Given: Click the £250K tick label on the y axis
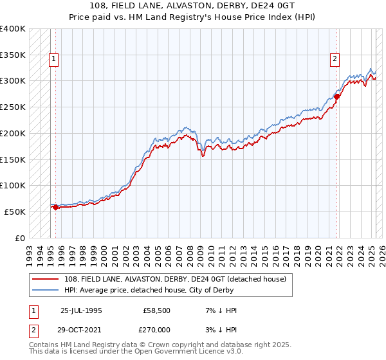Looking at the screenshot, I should pyautogui.click(x=12, y=107).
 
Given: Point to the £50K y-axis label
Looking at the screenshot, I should pyautogui.click(x=15, y=212).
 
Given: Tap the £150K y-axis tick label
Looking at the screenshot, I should pyautogui.click(x=12, y=159).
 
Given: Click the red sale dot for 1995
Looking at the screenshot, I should pyautogui.click(x=56, y=207).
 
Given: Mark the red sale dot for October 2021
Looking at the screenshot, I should pyautogui.click(x=336, y=96).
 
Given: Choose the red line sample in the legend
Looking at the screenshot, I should pyautogui.click(x=46, y=278).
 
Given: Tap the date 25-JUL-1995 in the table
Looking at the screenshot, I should pyautogui.click(x=81, y=310).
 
